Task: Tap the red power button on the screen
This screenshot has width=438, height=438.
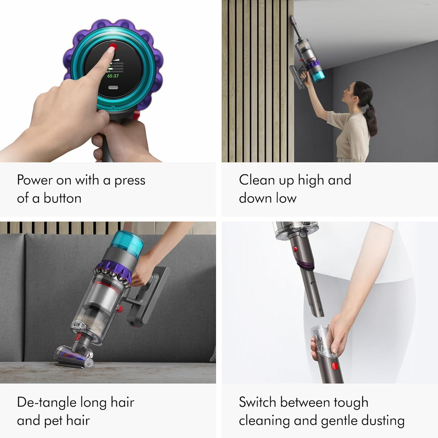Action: tap(113, 47)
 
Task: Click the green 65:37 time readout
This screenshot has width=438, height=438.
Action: tap(113, 76)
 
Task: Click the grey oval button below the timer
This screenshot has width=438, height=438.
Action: tap(113, 88)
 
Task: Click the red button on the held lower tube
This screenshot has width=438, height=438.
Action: tap(334, 366)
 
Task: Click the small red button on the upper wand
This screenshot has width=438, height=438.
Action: tap(295, 249)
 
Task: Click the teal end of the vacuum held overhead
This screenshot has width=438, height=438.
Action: tap(318, 76)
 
